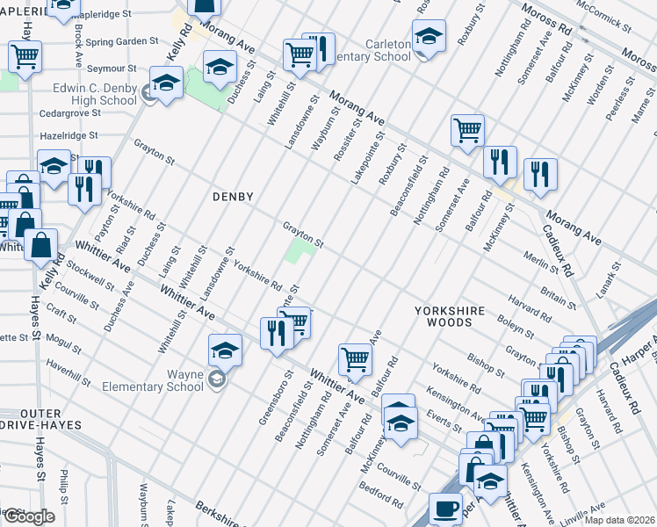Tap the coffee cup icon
coord(445,509)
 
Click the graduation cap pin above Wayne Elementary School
coord(225,350)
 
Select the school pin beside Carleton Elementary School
coord(429,36)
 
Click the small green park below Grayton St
coord(300,256)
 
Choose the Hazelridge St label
coord(69,136)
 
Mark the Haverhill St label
coord(69,372)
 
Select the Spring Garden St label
coord(122,41)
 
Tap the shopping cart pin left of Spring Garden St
coord(25,56)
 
